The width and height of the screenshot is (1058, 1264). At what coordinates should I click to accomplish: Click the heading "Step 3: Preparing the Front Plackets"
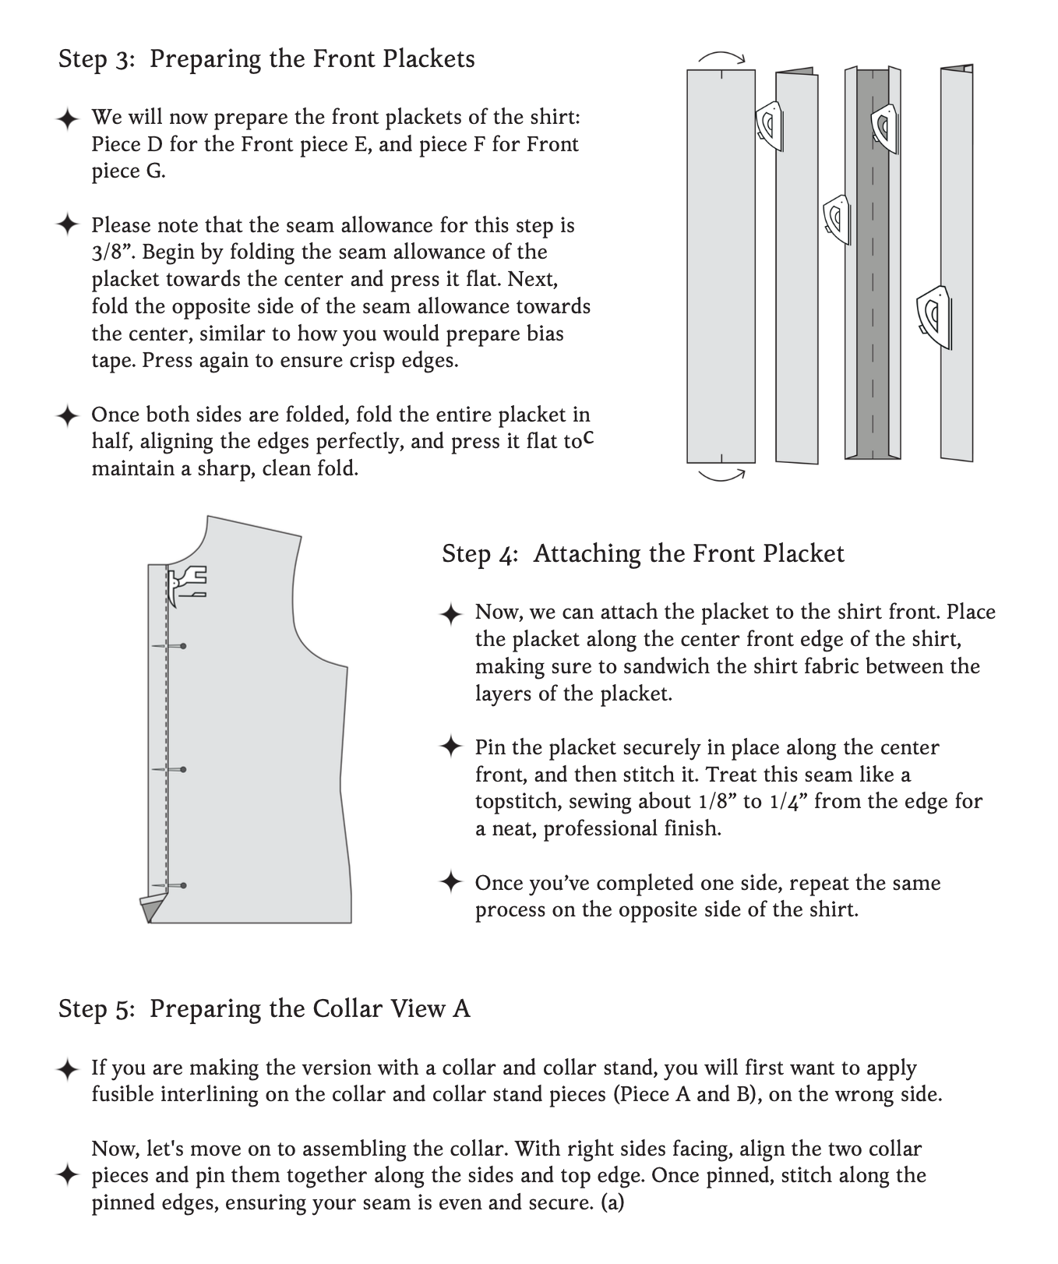(x=266, y=59)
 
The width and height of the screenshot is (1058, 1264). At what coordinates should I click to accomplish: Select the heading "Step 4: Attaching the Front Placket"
(x=643, y=554)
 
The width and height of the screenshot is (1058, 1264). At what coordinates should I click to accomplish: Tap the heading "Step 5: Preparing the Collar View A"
(x=264, y=1009)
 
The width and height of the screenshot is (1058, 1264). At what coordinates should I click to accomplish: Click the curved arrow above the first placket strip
(x=722, y=56)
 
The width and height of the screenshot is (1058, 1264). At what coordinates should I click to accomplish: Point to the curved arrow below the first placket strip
(x=722, y=475)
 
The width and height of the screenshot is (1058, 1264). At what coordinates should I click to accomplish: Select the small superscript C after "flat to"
(x=589, y=438)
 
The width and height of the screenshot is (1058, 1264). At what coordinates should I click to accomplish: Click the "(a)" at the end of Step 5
(x=612, y=1202)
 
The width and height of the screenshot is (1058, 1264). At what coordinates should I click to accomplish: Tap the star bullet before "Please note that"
(x=68, y=225)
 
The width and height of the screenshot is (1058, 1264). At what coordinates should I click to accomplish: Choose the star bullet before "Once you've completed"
(x=451, y=883)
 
